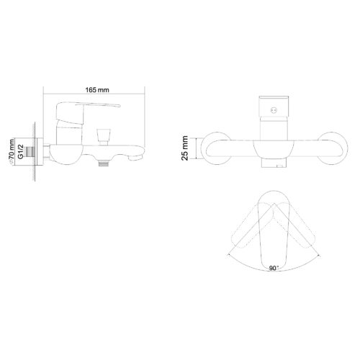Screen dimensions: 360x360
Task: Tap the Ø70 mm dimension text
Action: (x=12, y=148)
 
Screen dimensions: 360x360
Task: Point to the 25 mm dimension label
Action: (x=186, y=148)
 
